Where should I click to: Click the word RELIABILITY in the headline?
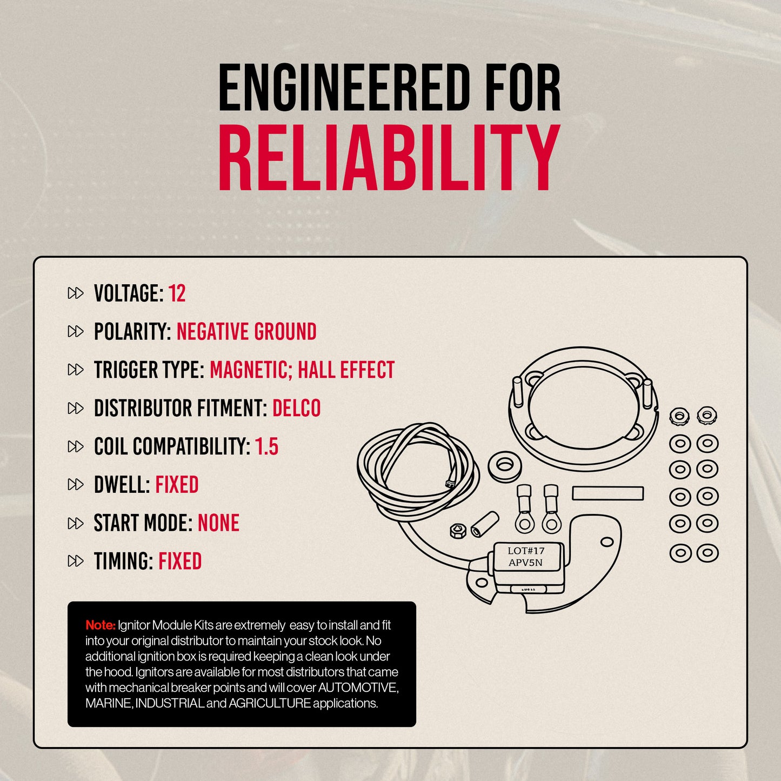390,157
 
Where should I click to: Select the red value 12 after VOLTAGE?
177,293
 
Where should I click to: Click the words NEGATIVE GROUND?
246,331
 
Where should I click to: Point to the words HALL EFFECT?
346,370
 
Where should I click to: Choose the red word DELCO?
296,408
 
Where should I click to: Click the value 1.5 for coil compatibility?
266,446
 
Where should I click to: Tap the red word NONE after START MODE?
218,523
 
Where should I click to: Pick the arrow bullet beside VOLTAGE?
76,293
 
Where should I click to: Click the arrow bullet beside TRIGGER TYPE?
76,370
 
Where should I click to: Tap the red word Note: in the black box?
101,625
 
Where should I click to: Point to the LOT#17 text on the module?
526,551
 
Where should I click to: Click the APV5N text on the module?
525,563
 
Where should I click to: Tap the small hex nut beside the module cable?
458,531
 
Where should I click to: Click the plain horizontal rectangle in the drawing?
608,493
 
